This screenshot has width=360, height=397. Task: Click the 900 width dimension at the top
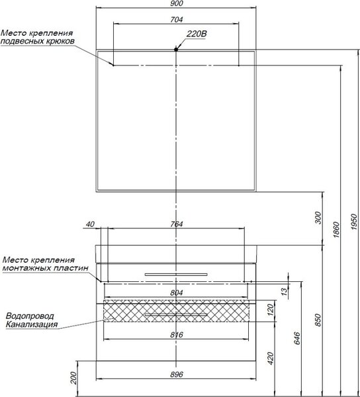[x=177, y=3]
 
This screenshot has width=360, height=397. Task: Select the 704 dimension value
[x=177, y=19]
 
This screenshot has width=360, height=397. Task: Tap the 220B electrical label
[x=197, y=34]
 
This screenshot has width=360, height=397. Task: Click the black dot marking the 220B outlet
[x=176, y=50]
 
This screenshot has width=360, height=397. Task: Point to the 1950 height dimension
[x=354, y=222]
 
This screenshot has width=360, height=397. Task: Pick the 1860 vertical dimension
[x=336, y=230]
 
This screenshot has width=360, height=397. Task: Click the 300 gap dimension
[x=318, y=218]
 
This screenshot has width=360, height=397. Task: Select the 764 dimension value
[x=177, y=224]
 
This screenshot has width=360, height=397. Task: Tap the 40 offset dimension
[x=90, y=224]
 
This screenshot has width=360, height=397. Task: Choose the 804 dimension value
[x=177, y=292]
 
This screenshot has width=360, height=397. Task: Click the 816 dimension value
[x=177, y=335]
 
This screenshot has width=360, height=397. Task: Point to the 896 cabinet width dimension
[x=177, y=375]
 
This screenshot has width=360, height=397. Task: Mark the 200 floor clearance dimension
[x=73, y=378]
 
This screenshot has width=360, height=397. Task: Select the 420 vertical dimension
[x=271, y=358]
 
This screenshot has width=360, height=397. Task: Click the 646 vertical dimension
[x=297, y=338]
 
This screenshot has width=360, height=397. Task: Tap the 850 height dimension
[x=318, y=320]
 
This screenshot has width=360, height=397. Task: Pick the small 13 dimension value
[x=285, y=291]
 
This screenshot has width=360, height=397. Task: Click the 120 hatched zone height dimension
[x=271, y=310]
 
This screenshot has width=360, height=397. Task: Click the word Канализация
[x=32, y=324]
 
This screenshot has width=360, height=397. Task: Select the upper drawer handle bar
[x=176, y=275]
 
